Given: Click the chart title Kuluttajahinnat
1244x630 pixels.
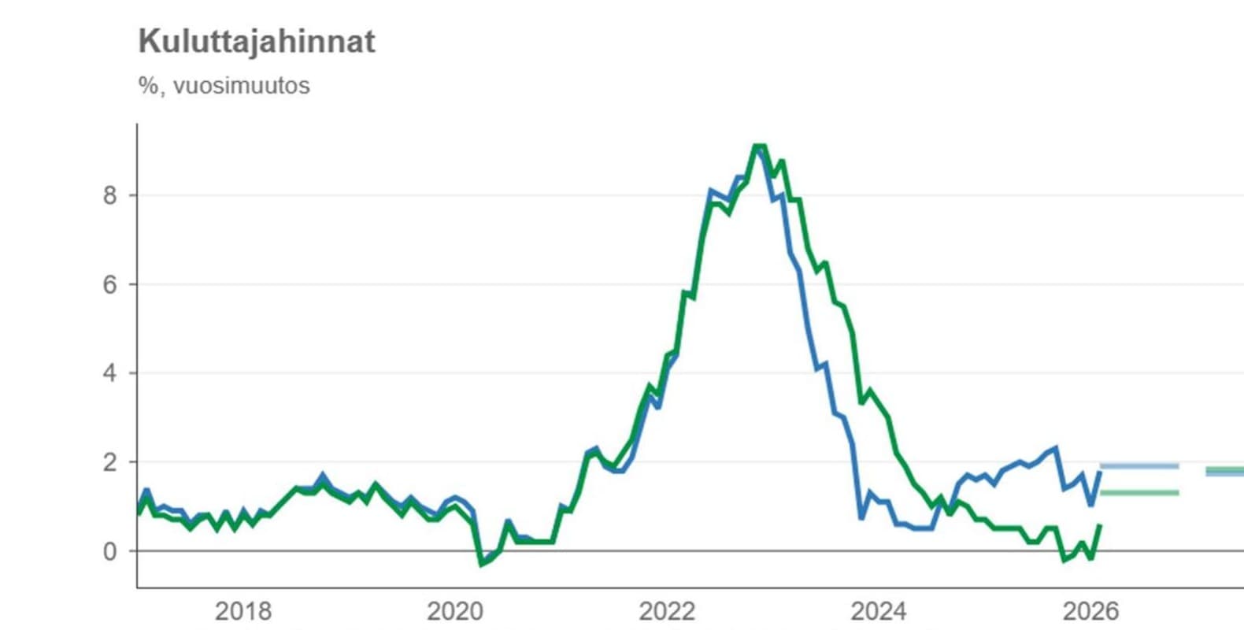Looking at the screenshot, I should coord(257,42).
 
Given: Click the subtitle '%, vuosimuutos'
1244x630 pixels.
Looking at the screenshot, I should coord(224,86).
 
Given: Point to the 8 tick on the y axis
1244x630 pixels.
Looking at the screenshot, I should coord(109,195).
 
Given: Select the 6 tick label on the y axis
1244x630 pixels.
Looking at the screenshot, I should coord(109,284).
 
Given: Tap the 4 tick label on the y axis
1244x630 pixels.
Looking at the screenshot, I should coord(109,373).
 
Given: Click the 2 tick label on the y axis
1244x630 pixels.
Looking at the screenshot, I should coord(109,462).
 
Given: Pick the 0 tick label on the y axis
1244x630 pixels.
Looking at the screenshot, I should coord(109,551).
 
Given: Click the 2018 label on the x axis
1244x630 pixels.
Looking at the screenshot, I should coord(243,611).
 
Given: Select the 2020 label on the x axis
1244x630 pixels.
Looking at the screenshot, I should coord(455,611).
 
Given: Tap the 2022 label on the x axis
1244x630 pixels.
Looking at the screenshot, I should coord(667,611).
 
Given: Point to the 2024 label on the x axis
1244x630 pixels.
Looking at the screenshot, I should coord(879,611).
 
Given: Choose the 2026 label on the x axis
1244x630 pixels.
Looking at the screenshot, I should coord(1090,611).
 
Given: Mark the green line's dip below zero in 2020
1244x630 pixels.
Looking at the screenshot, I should coord(482,564).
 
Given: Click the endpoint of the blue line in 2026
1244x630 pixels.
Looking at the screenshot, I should coord(1100,472).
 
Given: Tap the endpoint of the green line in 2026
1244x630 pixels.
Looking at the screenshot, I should coord(1100,525).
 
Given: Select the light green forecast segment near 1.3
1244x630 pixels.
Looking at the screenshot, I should coord(1139,493).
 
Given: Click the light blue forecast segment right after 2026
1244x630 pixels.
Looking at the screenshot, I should coord(1139,466).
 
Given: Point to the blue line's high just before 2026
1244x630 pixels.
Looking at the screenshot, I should coord(1055,448).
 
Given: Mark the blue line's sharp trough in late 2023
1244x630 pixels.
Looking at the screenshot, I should coord(861,518).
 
